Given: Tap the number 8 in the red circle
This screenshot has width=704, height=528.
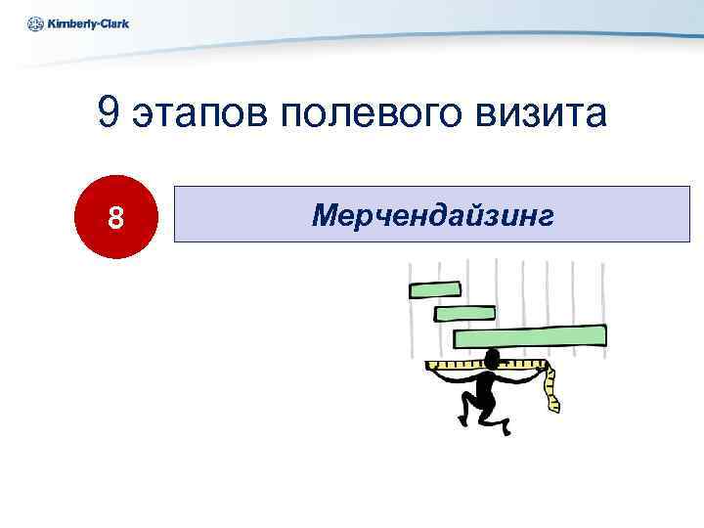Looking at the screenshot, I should tap(116, 217).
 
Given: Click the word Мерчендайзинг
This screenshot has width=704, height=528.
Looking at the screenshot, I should tap(432, 215).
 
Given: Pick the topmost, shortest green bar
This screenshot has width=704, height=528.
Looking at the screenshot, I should tap(434, 288).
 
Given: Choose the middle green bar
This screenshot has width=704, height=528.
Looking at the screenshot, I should tap(463, 313).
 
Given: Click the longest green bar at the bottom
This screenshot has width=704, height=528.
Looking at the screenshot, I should tap(529, 337).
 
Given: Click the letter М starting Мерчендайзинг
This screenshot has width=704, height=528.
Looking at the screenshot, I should tap(323, 215).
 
